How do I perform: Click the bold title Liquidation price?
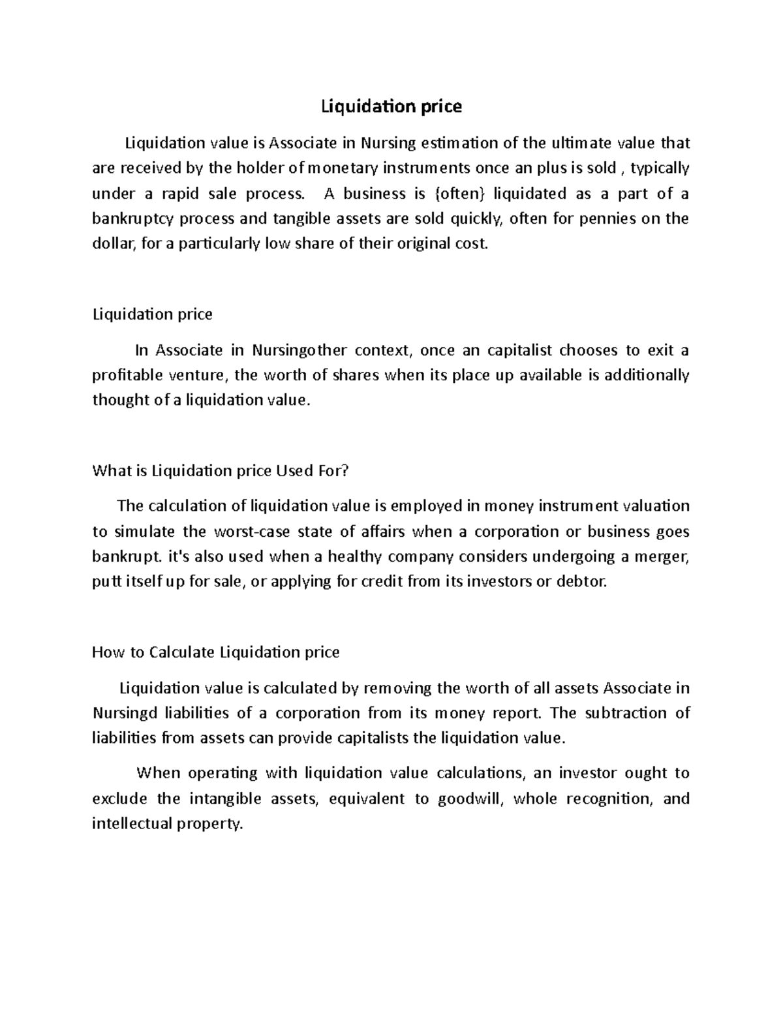(391, 106)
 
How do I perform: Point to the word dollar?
(112, 244)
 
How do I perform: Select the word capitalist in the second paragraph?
(515, 350)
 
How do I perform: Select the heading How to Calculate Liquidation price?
(216, 652)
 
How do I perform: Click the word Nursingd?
(125, 713)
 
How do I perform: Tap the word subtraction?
(624, 713)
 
